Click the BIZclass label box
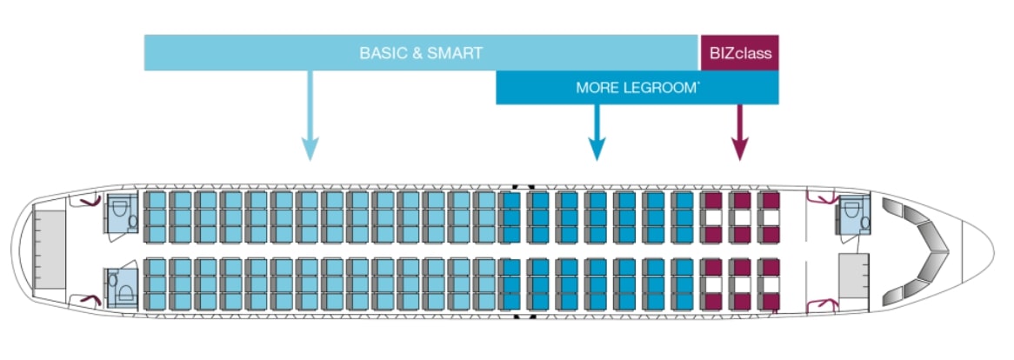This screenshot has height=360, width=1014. click(x=739, y=52)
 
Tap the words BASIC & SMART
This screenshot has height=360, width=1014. click(x=421, y=53)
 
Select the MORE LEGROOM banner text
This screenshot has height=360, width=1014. click(x=637, y=88)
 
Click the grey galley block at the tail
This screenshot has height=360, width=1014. click(x=49, y=249)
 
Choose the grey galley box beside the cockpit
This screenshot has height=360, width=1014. click(x=853, y=279)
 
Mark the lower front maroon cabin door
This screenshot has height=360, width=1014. click(x=822, y=303)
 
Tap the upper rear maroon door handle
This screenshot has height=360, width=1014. click(x=86, y=201)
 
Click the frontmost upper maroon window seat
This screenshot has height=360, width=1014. click(x=770, y=200)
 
